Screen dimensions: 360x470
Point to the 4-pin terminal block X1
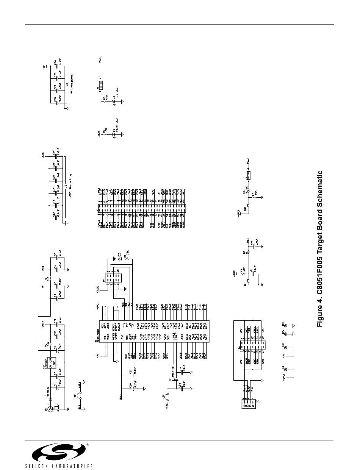coord(249,404)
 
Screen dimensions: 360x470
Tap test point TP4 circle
coord(286,325)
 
